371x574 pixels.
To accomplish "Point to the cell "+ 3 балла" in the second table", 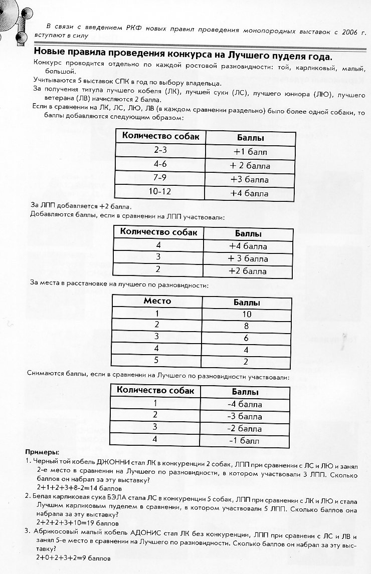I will point(248,259).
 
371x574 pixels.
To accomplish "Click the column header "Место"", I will point(157,301).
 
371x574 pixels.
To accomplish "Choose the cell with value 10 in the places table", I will point(247,314).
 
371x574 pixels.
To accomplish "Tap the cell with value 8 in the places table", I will point(247,326).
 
